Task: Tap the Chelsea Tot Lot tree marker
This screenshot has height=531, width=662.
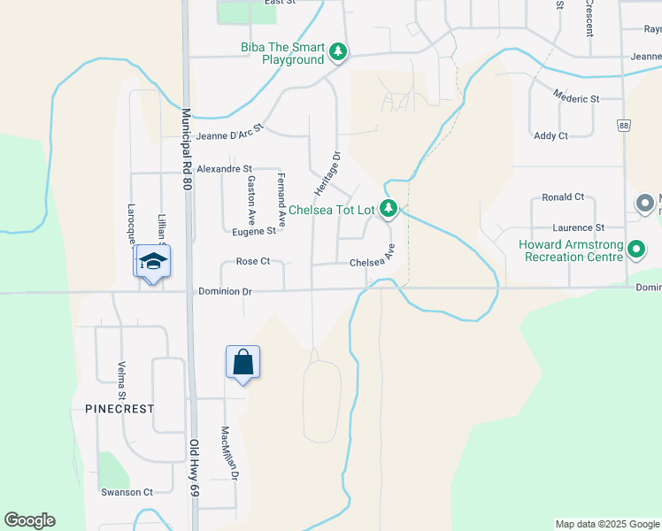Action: tap(388, 210)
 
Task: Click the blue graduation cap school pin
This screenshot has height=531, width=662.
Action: tap(153, 262)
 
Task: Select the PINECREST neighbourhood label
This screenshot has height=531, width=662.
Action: tap(119, 410)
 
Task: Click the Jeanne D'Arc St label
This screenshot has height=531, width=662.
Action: tap(230, 131)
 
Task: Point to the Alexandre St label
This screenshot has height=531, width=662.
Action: tap(224, 168)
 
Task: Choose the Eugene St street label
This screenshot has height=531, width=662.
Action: tap(254, 231)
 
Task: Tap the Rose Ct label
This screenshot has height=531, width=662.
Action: tap(252, 262)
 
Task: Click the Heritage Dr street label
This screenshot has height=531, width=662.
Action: tap(327, 173)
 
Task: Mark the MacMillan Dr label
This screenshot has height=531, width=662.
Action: tap(230, 454)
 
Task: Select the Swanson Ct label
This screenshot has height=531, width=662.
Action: tap(127, 492)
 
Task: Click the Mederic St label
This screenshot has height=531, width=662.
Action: tap(576, 97)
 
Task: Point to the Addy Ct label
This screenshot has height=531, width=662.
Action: tap(550, 135)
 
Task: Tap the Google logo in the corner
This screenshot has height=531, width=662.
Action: tap(29, 520)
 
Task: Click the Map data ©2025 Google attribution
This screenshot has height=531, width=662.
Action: tap(606, 524)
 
